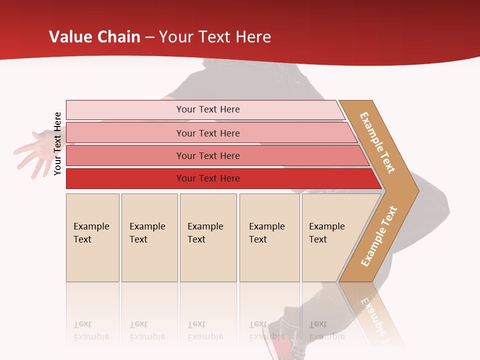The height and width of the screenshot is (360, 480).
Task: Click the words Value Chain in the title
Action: click(x=94, y=37)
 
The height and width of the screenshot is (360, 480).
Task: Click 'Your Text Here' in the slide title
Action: click(x=215, y=37)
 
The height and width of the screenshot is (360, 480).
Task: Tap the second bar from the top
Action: click(x=207, y=133)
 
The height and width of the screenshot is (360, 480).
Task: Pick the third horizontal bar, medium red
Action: click(x=207, y=155)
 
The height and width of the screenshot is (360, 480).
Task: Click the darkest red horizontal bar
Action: click(x=207, y=178)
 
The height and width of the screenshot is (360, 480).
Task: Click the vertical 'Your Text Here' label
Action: click(x=57, y=143)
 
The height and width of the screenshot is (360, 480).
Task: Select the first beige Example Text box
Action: click(x=92, y=237)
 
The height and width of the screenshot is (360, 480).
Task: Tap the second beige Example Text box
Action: click(x=149, y=237)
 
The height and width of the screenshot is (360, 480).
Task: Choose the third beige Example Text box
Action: click(x=208, y=237)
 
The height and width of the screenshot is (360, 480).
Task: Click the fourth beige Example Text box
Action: click(x=269, y=237)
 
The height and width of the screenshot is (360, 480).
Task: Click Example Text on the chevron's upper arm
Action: click(x=377, y=142)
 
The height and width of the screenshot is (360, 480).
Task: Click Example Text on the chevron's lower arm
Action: click(x=379, y=236)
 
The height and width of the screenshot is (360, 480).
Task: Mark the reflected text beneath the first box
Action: click(x=91, y=330)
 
